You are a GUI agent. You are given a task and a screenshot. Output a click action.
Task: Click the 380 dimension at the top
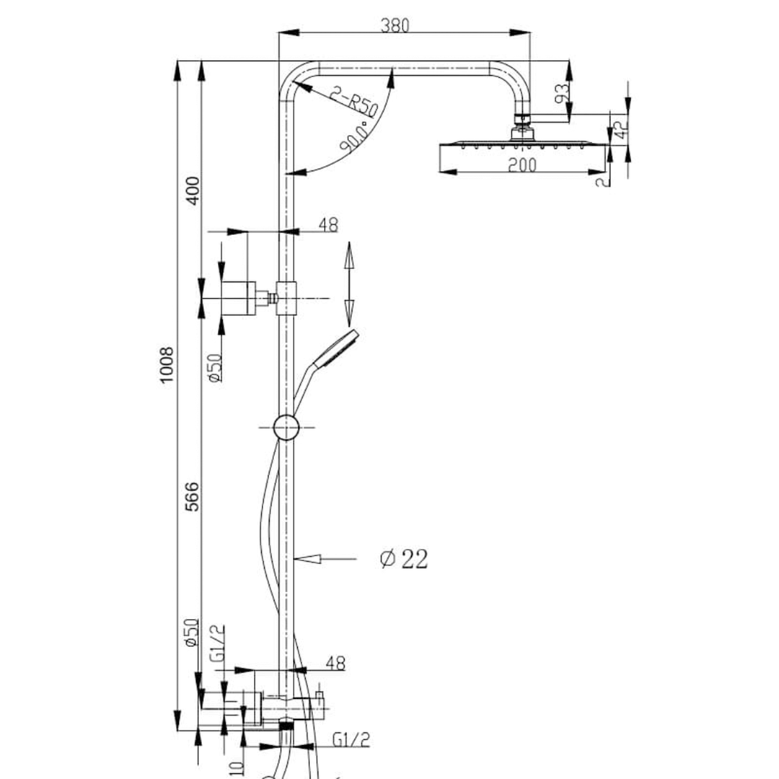(x=395, y=25)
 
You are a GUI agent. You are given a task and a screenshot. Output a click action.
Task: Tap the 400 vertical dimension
(x=193, y=190)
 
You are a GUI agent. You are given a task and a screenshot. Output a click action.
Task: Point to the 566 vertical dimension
(x=193, y=496)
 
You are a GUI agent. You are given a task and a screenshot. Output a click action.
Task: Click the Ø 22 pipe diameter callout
(x=404, y=558)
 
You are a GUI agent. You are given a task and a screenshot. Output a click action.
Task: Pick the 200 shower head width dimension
(x=521, y=164)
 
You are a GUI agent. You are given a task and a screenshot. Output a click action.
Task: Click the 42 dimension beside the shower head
(x=618, y=130)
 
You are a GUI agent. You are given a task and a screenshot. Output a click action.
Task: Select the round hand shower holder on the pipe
(x=286, y=427)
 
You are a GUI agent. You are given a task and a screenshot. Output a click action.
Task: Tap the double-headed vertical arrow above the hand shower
(x=348, y=283)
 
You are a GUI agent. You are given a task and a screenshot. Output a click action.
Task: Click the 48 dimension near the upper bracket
(x=327, y=225)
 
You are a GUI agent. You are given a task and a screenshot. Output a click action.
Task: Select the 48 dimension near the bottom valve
(x=335, y=662)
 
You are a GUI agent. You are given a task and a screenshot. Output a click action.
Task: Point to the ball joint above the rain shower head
(x=522, y=132)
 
